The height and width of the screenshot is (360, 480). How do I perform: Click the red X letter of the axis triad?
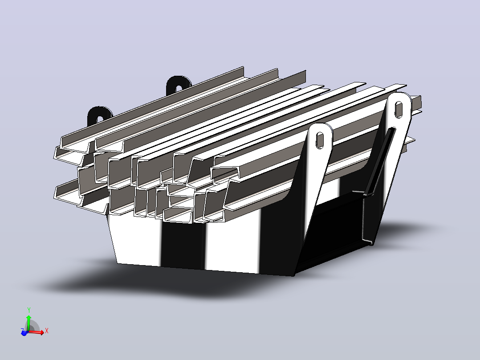click(46, 331)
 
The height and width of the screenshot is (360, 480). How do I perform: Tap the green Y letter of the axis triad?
click(29, 310)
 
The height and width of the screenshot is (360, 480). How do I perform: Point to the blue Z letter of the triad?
click(22, 330)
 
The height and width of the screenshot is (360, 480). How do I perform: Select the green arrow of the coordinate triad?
click(28, 322)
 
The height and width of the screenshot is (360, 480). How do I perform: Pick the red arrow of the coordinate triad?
click(36, 332)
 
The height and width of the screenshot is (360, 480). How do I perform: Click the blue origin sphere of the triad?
click(24, 333)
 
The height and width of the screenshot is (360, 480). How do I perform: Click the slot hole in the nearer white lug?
click(320, 140)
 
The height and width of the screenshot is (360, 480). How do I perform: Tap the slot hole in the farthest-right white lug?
click(399, 110)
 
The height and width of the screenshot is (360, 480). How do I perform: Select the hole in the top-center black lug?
click(179, 89)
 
